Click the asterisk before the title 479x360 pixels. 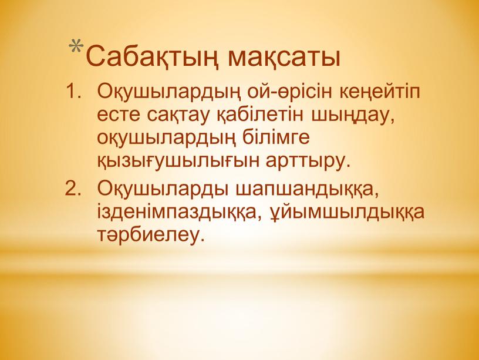(76, 47)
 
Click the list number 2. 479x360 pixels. (73, 188)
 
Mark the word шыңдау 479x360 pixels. (351, 117)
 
